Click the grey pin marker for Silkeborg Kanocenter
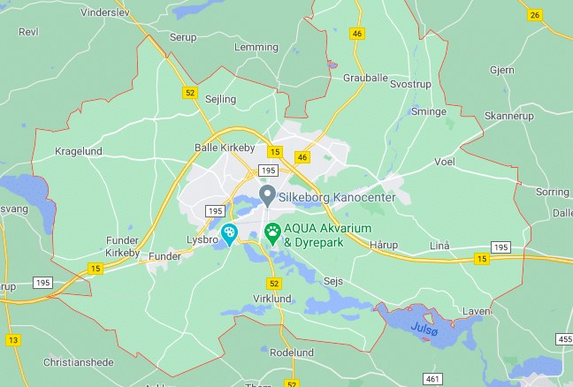click(x=266, y=193)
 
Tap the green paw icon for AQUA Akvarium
click(x=272, y=234)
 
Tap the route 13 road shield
click(x=12, y=339)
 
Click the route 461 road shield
click(x=432, y=379)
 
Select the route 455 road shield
click(x=565, y=338)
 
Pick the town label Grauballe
click(x=365, y=78)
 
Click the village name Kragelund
click(x=79, y=151)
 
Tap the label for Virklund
click(x=272, y=299)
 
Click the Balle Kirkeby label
click(x=225, y=148)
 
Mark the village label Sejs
click(x=333, y=280)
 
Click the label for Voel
click(x=444, y=163)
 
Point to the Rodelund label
click(x=291, y=353)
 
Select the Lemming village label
click(x=256, y=47)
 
